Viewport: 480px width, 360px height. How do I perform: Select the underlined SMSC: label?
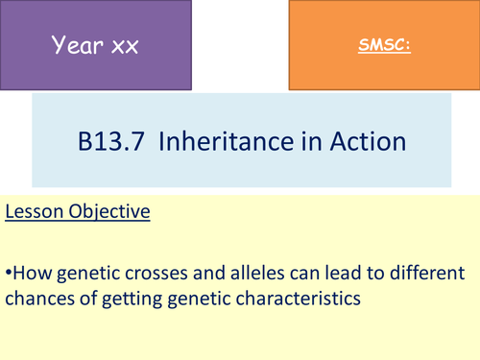pyautogui.click(x=385, y=44)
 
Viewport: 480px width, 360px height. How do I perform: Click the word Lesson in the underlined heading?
pyautogui.click(x=35, y=209)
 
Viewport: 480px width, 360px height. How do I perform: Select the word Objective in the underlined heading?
pyautogui.click(x=108, y=209)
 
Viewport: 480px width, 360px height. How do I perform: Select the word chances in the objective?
pyautogui.click(x=39, y=299)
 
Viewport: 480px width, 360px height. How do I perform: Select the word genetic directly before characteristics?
pyautogui.click(x=196, y=299)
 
